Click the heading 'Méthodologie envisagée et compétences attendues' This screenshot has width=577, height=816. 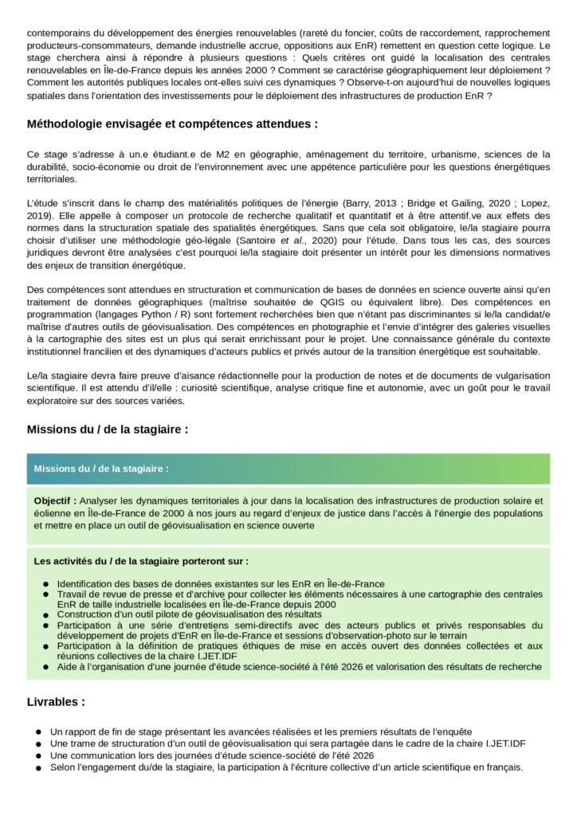pos(172,124)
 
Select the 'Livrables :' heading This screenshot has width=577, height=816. pos(56,702)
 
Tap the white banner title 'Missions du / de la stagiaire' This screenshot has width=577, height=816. pos(101,469)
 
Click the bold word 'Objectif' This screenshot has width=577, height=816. pos(53,500)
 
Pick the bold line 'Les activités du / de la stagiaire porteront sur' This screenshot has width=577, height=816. pos(141,561)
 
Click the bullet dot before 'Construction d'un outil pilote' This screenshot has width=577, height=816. pos(47,615)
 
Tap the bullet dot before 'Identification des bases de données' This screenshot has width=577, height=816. pos(47,584)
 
